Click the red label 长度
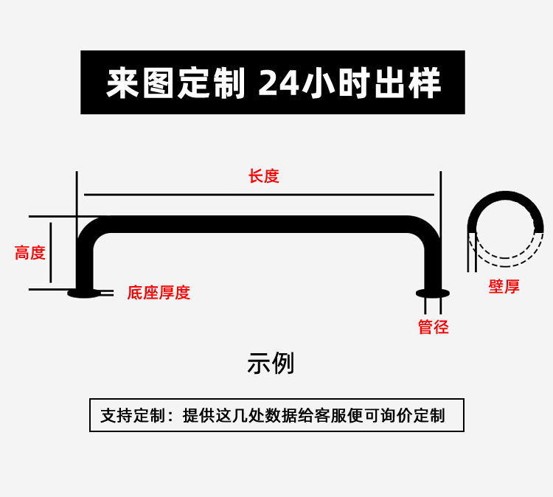[x=263, y=176]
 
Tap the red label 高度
[x=30, y=253]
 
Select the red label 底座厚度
[x=159, y=293]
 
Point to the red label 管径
[x=433, y=327]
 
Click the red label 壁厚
[x=504, y=287]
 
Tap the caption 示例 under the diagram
[x=271, y=364]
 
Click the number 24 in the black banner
[x=279, y=83]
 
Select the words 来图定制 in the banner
[x=175, y=83]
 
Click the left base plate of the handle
[x=83, y=293]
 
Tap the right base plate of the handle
[x=432, y=293]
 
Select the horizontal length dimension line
[x=258, y=195]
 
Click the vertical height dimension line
[x=50, y=253]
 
